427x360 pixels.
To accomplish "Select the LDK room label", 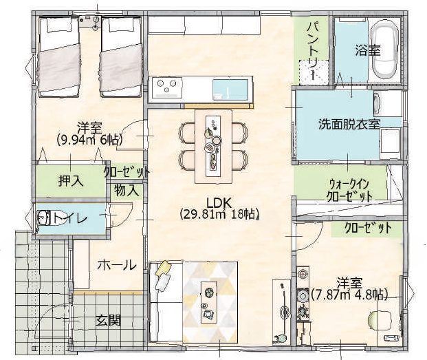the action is pyautogui.click(x=219, y=203).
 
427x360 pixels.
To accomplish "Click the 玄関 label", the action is pyautogui.click(x=109, y=321).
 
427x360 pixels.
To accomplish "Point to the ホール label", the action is pyautogui.click(x=117, y=264).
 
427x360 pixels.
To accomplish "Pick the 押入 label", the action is pyautogui.click(x=71, y=180).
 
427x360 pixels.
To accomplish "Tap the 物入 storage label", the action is pyautogui.click(x=127, y=190).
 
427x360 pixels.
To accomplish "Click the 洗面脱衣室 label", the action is pyautogui.click(x=349, y=125).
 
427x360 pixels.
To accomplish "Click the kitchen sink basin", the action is pyautogui.click(x=230, y=89).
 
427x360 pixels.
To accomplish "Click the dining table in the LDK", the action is pyautogui.click(x=213, y=147).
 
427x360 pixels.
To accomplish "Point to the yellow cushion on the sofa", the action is pyautogui.click(x=162, y=268).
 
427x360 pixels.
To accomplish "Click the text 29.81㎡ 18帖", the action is pyautogui.click(x=219, y=214).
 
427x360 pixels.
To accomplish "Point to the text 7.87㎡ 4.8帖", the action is pyautogui.click(x=349, y=295).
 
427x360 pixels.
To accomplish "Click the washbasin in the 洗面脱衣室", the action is pyautogui.click(x=377, y=103).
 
